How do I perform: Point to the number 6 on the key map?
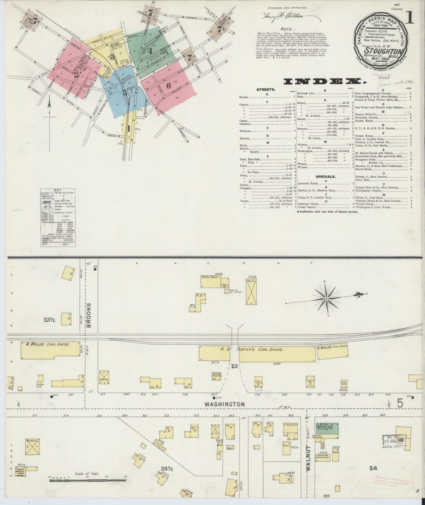tap(168, 86)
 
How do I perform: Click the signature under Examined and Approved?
tap(283, 17)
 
